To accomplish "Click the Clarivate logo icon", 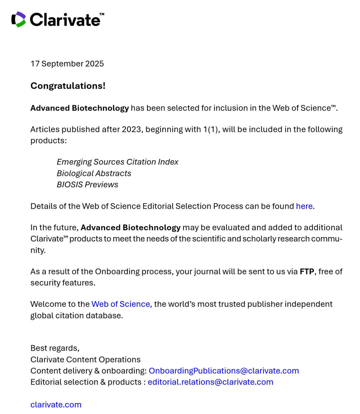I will tap(19, 19).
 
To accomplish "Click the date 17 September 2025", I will tap(67, 64).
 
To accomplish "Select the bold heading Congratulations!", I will tap(68, 86).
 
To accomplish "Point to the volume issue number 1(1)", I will tap(211, 129).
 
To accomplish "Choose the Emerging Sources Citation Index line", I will tap(117, 162).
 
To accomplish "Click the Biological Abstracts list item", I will tap(94, 173).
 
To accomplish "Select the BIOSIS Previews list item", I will tap(87, 185).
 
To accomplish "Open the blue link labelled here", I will tap(304, 206).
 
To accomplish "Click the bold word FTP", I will tap(307, 271).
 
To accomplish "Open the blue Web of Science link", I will tap(122, 304).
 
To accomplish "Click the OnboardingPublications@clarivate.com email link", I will tap(224, 371).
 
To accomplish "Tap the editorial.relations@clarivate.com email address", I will tap(210, 382).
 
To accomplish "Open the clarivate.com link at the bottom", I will tap(56, 405).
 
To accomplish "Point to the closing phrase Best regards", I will tap(55, 348).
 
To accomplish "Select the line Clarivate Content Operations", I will tap(85, 359).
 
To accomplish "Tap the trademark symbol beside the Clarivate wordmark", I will tap(102, 14).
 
